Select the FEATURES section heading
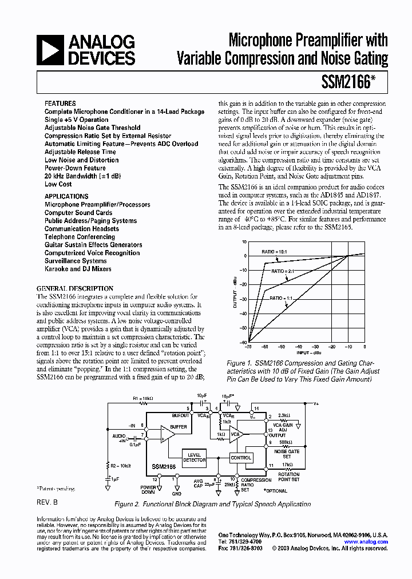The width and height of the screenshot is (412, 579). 60,104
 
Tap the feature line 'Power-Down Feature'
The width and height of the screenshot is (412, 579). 75,168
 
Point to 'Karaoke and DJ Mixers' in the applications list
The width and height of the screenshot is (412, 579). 78,269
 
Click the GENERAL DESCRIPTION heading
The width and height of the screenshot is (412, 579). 75,289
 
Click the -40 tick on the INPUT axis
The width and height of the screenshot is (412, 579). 298,347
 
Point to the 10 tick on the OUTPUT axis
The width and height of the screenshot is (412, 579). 244,242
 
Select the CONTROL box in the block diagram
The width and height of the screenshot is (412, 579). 241,458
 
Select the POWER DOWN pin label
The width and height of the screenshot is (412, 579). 148,489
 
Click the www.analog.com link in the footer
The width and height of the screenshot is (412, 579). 366,542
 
